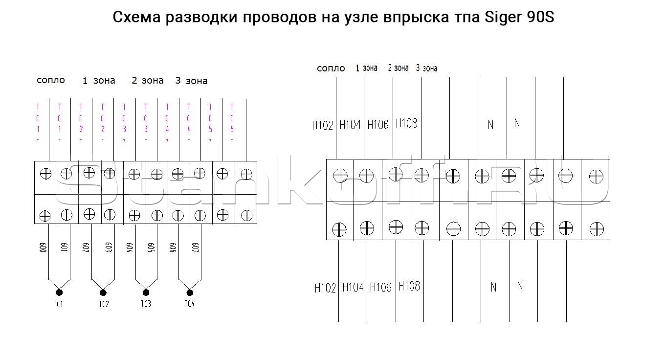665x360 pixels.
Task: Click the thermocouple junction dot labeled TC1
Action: [x=59, y=292]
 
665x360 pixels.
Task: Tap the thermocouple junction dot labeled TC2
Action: [x=103, y=292]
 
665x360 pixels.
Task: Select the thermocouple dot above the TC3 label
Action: [x=146, y=292]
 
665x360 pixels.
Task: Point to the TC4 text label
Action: [x=189, y=304]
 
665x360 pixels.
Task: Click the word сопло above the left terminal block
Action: [x=51, y=80]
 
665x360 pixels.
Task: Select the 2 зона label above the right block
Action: [x=398, y=68]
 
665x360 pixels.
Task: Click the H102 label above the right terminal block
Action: [x=323, y=125]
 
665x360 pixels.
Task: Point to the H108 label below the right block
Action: [x=409, y=286]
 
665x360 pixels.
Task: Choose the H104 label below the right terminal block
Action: [x=353, y=287]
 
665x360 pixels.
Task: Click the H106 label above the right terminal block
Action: [x=378, y=125]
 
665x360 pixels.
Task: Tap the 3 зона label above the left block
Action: [x=192, y=81]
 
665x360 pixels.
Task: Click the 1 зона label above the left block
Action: [x=99, y=81]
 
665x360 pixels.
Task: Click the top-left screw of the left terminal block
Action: [x=45, y=173]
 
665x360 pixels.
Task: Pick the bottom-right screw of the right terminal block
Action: [x=596, y=228]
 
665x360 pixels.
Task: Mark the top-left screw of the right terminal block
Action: [x=340, y=175]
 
